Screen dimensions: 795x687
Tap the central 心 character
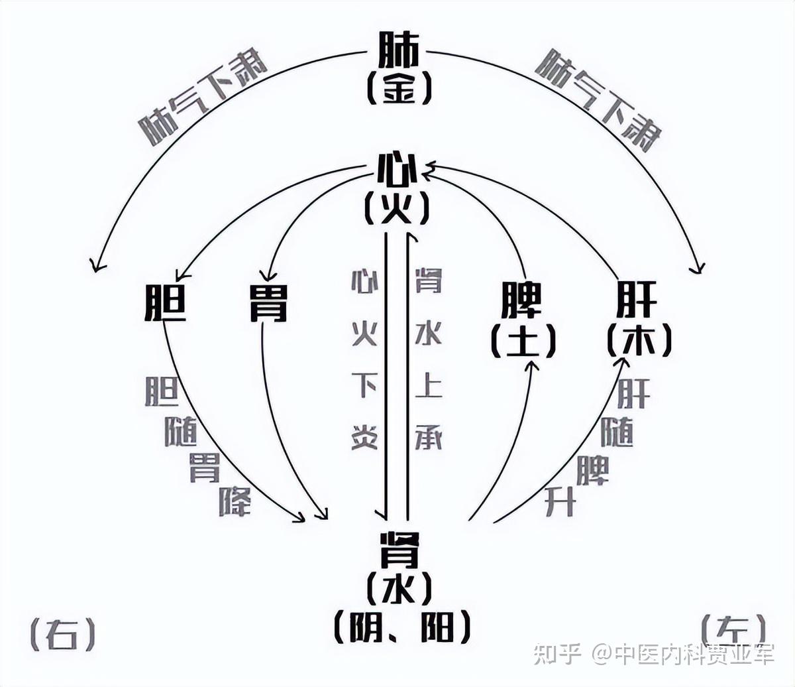[397, 170]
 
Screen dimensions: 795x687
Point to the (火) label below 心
[397, 208]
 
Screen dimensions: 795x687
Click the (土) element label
[523, 341]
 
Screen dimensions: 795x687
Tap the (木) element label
[639, 341]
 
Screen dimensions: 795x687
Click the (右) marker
[64, 634]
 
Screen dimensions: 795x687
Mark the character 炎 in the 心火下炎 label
[365, 437]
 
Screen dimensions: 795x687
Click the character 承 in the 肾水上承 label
[428, 437]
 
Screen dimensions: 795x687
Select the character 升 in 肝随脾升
[560, 502]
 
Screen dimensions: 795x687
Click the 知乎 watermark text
[557, 655]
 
